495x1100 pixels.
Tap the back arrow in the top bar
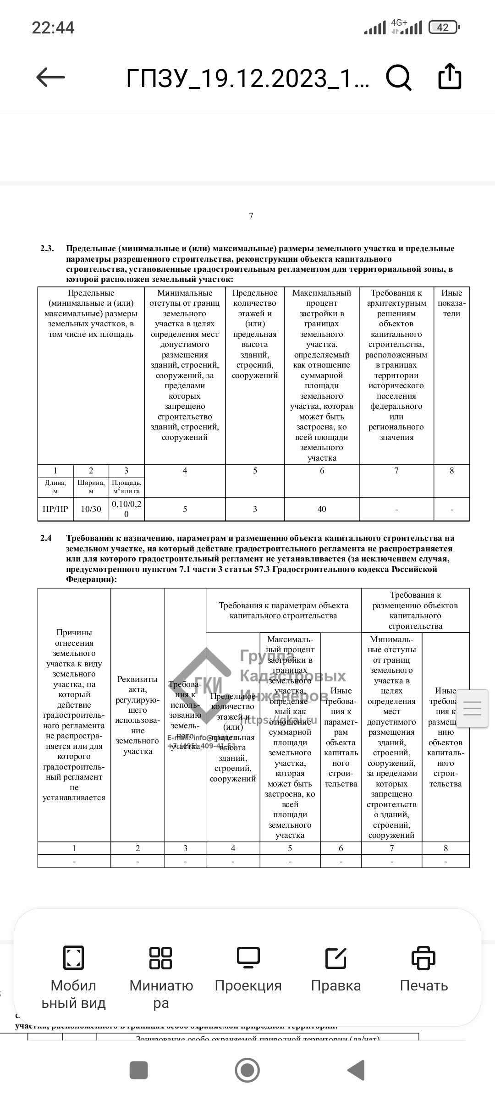pos(50,77)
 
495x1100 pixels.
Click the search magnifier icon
pos(398,77)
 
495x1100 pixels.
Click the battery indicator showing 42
pos(443,27)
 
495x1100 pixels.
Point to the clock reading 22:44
pos(53,27)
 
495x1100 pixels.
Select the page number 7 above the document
pos(251,216)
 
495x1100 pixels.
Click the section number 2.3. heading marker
pos(47,248)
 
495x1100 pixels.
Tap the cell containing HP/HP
pos(55,509)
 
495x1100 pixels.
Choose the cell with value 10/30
pos(91,509)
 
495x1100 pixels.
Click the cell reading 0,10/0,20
pos(126,509)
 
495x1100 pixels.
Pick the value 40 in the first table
pos(322,509)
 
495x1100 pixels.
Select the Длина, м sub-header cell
pos(55,487)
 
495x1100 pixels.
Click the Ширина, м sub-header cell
pos(91,487)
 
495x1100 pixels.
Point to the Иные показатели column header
pos(451,303)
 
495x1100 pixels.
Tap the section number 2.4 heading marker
pos(46,538)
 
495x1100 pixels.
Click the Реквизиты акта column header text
pos(137,715)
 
